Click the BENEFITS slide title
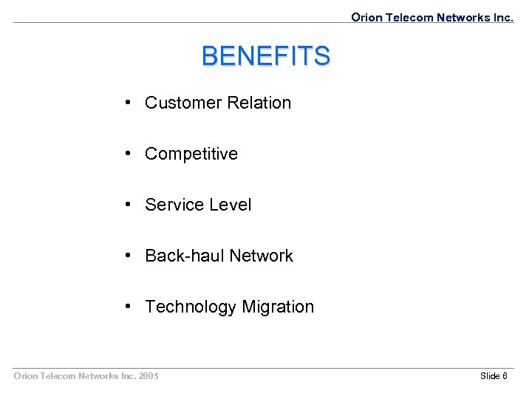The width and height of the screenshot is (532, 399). click(266, 56)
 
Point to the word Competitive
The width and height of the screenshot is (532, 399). click(191, 154)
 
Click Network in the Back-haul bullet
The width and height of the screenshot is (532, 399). click(261, 256)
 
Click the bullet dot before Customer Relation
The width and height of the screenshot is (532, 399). click(129, 103)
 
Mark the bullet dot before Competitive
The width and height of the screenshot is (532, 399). click(129, 154)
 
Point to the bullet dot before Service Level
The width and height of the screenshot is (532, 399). click(129, 205)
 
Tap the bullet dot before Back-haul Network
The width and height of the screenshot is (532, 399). click(129, 256)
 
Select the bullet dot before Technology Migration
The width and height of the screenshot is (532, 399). click(129, 307)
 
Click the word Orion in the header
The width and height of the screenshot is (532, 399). click(366, 17)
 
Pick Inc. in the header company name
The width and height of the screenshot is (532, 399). click(501, 17)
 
